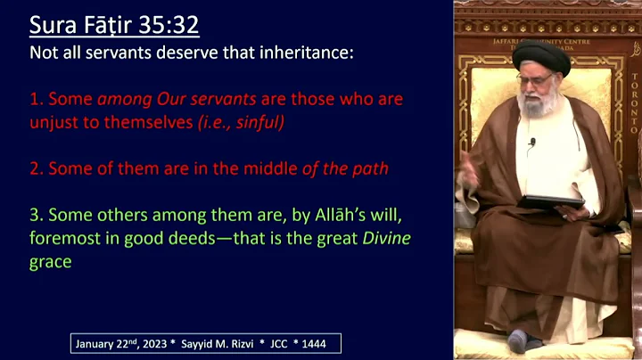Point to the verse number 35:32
(169, 23)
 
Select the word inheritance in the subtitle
(308, 53)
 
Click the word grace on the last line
(51, 263)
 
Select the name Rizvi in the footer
(248, 344)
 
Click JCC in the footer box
(285, 344)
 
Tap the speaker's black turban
(540, 58)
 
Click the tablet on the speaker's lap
(550, 200)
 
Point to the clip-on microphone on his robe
(532, 143)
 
